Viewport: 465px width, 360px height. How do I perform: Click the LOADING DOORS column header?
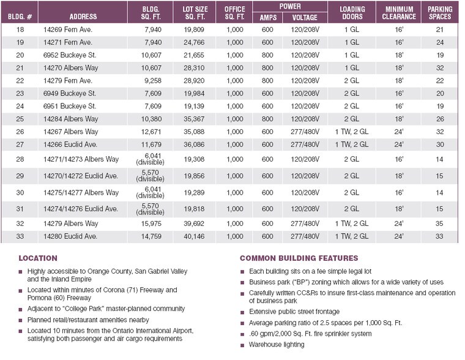[352, 13]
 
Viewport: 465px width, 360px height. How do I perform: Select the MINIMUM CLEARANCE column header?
[400, 13]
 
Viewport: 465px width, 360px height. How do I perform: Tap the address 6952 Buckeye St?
[70, 55]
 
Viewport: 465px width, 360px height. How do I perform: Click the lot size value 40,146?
[196, 236]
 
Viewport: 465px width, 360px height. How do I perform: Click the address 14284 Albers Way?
[71, 118]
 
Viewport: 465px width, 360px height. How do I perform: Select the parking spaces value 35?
[440, 223]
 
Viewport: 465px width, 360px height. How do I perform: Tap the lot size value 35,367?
[196, 118]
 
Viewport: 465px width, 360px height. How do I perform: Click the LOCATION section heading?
[38, 258]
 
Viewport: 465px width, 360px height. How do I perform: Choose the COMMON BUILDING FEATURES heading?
[299, 258]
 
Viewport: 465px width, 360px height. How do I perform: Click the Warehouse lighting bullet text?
[276, 345]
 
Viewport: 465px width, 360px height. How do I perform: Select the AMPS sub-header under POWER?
[267, 17]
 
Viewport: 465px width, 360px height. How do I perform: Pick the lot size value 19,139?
[196, 105]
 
